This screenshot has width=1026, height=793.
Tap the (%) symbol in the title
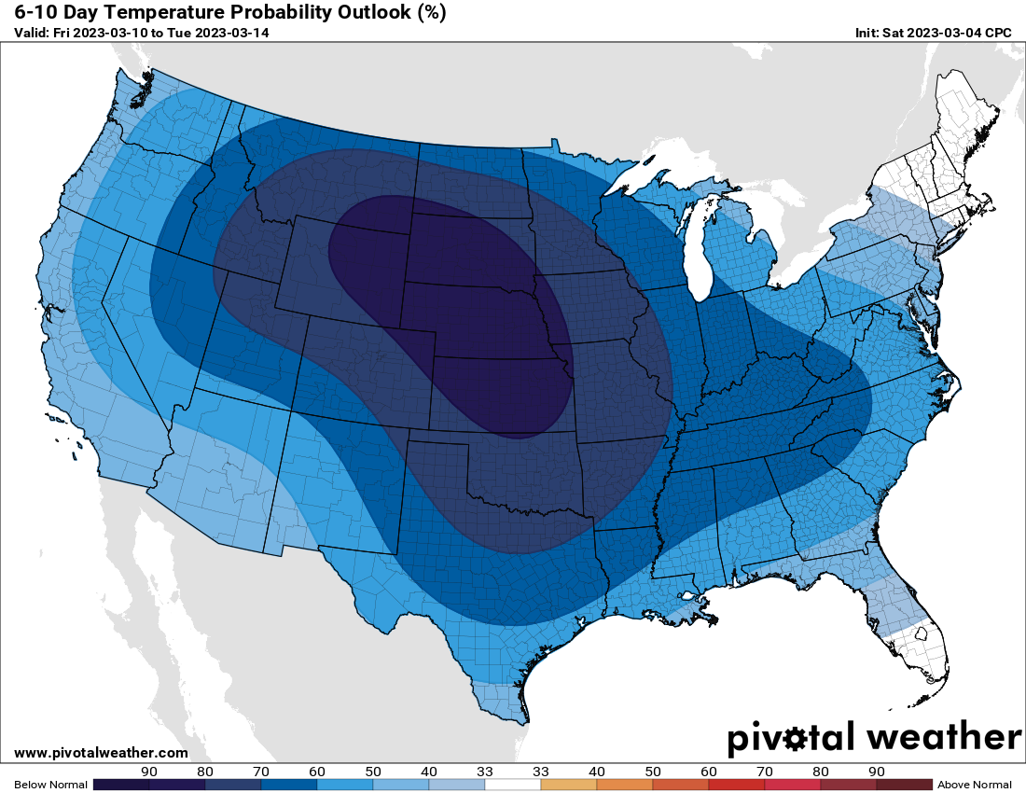pos(425,12)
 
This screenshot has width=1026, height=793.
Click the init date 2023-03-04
pos(942,33)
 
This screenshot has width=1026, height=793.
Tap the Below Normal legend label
pos(50,785)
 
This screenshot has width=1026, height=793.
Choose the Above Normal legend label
pos(974,785)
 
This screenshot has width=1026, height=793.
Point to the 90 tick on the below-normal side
pos(149,772)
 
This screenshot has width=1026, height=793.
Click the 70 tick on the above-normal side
pos(765,772)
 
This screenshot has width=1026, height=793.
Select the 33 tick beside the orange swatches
pos(541,772)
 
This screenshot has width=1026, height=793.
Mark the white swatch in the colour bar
pos(513,785)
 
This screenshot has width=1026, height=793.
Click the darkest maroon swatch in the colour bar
pos(904,785)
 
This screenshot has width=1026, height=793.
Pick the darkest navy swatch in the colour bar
pos(121,785)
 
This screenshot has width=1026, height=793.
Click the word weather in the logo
pos(944,737)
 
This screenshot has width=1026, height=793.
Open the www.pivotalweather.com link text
pos(101,753)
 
